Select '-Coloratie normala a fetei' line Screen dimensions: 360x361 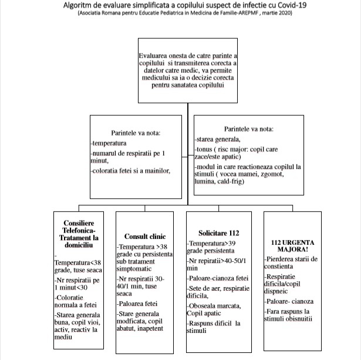click(x=77, y=301)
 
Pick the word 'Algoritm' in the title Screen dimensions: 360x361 click(x=99, y=5)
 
